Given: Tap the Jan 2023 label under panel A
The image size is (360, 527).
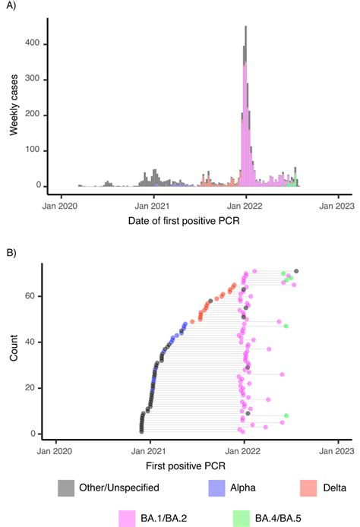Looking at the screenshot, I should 334,204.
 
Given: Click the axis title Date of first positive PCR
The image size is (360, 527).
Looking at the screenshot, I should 194,220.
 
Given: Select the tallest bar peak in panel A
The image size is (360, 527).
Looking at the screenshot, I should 245,28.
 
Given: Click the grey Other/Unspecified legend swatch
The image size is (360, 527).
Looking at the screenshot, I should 67,478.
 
